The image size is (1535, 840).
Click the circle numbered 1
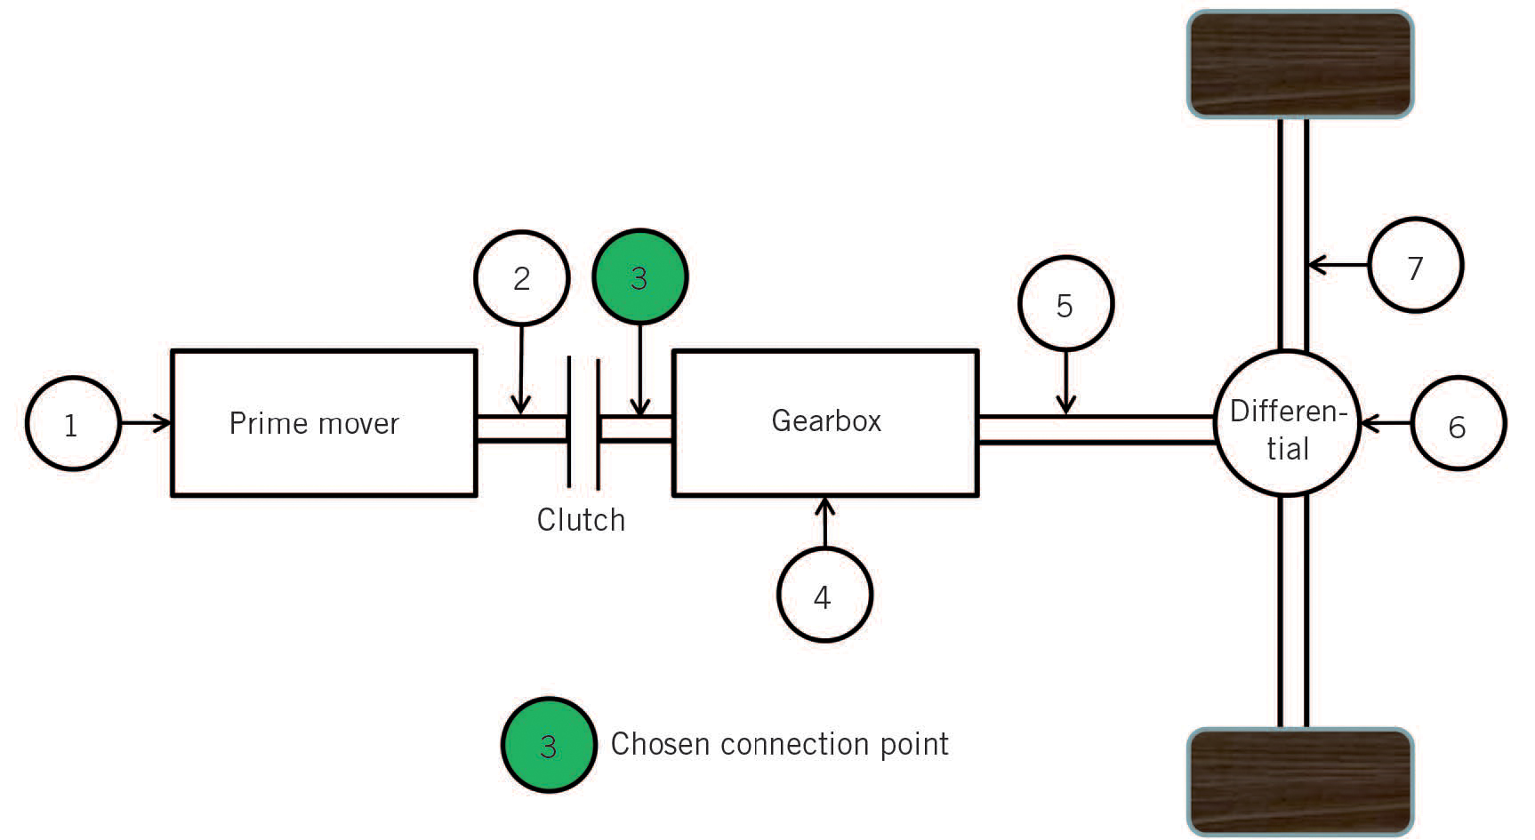[72, 424]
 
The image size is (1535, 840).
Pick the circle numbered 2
[522, 278]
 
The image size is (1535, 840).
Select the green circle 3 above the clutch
[639, 278]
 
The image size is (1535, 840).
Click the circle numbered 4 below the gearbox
[824, 596]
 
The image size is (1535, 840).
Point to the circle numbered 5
[1065, 304]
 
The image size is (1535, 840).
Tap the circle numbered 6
[1458, 425]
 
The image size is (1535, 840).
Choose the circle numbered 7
[1415, 266]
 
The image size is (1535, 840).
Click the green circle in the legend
[548, 745]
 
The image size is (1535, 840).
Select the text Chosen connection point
[779, 744]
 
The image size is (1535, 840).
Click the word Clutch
[581, 520]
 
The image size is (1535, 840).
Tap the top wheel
[1299, 64]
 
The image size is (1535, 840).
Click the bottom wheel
[1299, 781]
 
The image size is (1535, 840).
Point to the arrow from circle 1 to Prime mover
[144, 423]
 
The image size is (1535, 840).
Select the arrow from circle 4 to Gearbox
[824, 523]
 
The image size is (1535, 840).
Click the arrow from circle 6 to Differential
[1386, 424]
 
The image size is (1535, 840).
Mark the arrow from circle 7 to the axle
[1338, 265]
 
